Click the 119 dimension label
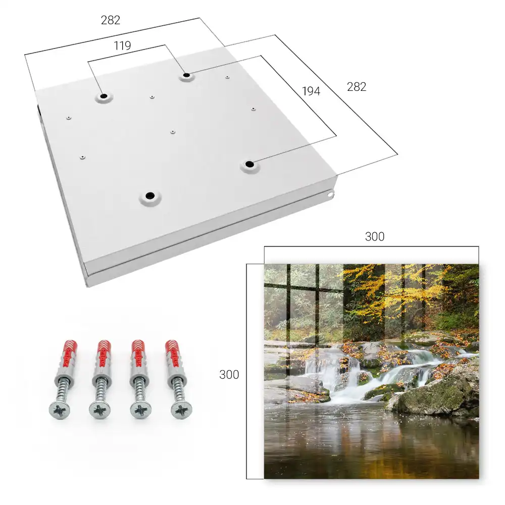tap(122, 46)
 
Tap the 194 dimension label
tap(311, 91)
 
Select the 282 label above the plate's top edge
tap(111, 20)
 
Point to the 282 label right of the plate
tap(357, 87)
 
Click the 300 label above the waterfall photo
tap(375, 237)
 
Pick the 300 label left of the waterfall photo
tap(229, 375)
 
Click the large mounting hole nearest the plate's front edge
tap(150, 196)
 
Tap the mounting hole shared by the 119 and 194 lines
tap(186, 75)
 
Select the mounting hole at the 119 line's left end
tap(104, 96)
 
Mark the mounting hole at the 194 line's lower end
tap(249, 164)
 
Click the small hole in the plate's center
tap(173, 132)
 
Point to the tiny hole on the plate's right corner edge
tap(330, 194)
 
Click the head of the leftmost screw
tap(60, 411)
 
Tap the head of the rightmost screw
tap(182, 410)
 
